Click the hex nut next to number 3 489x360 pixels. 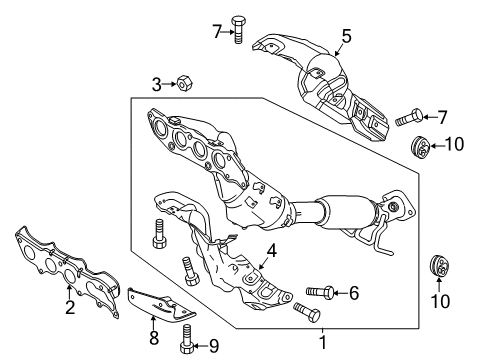point(183,83)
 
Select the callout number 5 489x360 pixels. point(346,36)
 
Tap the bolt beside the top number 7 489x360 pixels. point(238,29)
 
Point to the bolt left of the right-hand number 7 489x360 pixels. point(409,118)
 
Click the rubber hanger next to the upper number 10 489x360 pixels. point(420,148)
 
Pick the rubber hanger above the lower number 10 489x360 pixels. point(439,265)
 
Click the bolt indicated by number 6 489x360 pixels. point(320,292)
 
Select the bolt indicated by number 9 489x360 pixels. point(187,338)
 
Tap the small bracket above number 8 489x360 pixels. point(162,305)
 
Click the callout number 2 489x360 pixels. point(70,307)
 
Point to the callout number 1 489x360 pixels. point(322,343)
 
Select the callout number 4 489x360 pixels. point(272,251)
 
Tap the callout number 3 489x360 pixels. point(157,84)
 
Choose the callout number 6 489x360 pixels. point(354,293)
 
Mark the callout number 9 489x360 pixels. point(214,346)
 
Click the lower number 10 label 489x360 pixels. point(440,301)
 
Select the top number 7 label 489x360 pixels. point(217,32)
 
